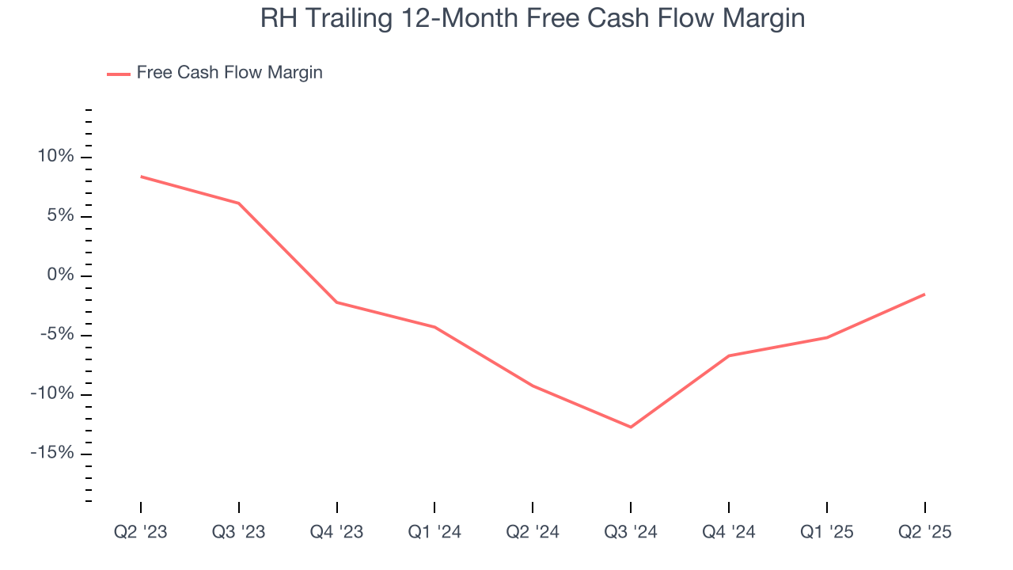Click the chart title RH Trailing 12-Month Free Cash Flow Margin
point(532,17)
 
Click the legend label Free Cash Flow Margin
point(230,73)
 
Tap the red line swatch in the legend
point(119,74)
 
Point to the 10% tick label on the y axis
point(55,157)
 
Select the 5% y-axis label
point(60,216)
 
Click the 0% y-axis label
point(60,275)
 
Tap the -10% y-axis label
point(52,394)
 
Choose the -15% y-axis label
point(52,454)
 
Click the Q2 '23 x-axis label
point(141,532)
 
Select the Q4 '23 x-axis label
point(337,532)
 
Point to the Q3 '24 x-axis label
point(631,532)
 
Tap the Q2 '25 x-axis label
point(924,532)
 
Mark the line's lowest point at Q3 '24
point(631,427)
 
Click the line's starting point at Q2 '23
point(141,177)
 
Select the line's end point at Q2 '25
point(924,294)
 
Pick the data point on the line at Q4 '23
point(337,302)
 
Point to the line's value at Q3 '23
point(239,203)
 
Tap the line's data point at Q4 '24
point(729,355)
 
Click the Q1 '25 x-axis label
point(827,532)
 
